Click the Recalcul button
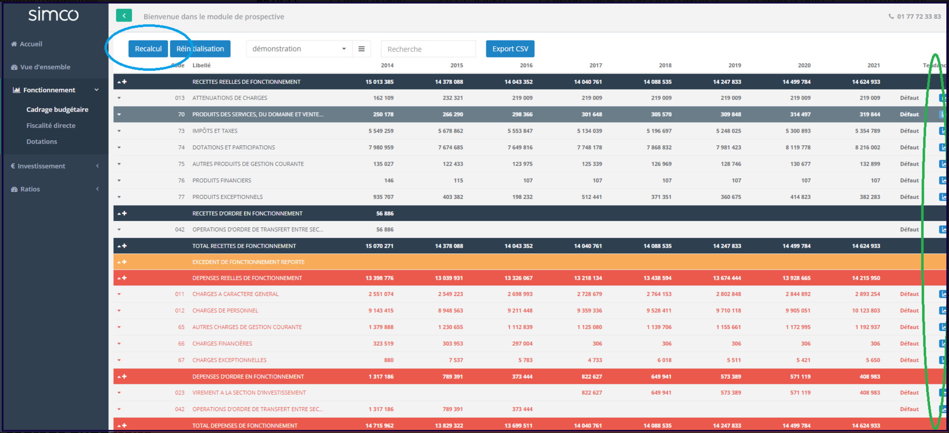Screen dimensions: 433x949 (x=148, y=49)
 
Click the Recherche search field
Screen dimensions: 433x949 (x=428, y=49)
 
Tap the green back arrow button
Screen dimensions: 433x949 (x=124, y=16)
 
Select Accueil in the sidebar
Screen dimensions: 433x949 (x=31, y=44)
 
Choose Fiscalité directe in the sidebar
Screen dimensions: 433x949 (x=51, y=126)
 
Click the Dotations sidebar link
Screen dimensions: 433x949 (x=42, y=141)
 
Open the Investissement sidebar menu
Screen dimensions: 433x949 (x=41, y=166)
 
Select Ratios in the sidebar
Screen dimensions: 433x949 (x=30, y=189)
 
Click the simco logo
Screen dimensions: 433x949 (x=53, y=15)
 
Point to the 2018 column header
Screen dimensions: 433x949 (x=665, y=65)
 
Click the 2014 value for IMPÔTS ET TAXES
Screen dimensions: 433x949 (x=381, y=131)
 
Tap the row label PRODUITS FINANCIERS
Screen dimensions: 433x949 (x=222, y=180)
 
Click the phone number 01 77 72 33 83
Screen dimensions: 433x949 (x=919, y=17)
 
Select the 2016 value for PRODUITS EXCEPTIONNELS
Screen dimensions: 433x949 (x=522, y=197)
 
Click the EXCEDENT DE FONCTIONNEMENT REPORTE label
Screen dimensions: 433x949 (x=248, y=262)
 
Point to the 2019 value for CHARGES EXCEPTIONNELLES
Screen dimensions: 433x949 (x=733, y=360)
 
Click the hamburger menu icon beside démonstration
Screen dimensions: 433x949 (x=361, y=49)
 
